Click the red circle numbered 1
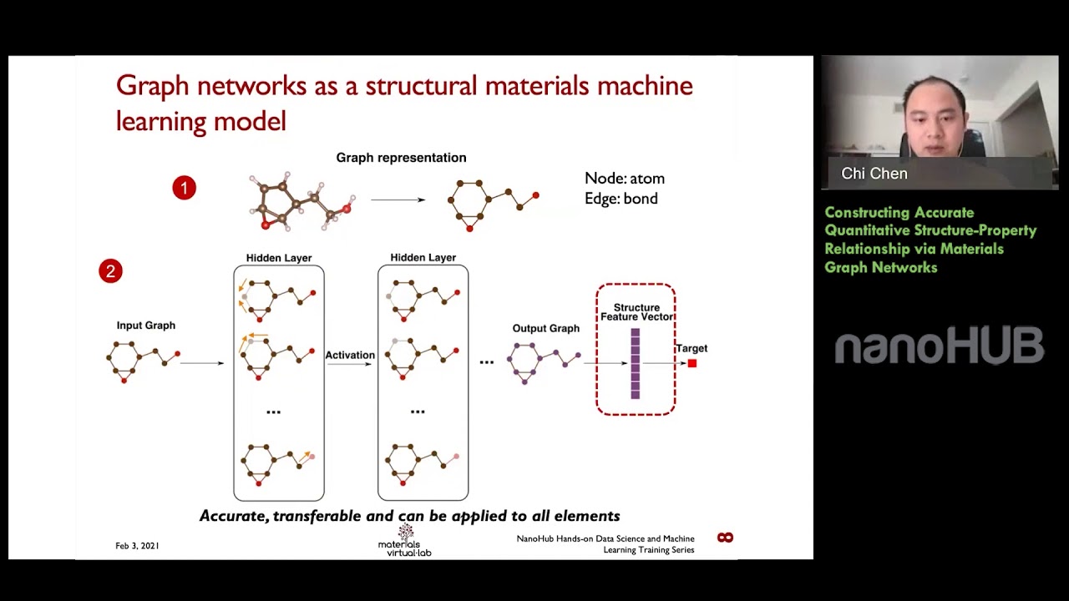(184, 188)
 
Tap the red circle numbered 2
(110, 271)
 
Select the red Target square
(692, 363)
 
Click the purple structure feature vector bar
(636, 363)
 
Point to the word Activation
(350, 356)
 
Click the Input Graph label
(146, 326)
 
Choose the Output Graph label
(545, 328)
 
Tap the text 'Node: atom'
(625, 179)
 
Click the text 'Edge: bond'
(621, 199)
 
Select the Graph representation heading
(401, 158)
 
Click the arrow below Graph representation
(398, 199)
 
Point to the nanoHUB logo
(940, 346)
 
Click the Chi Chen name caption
(874, 174)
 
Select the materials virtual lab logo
(405, 541)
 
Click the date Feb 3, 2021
(137, 546)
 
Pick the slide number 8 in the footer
(725, 538)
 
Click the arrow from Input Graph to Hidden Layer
(202, 363)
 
